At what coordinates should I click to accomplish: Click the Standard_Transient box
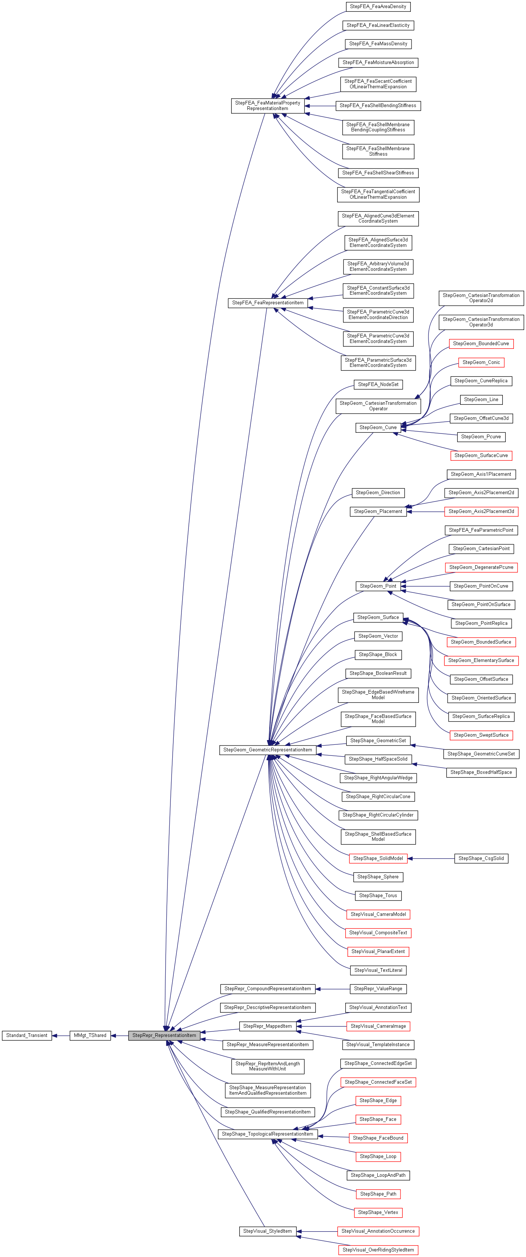pos(27,1035)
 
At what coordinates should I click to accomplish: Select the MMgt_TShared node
pos(90,1035)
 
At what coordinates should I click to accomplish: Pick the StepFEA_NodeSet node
pos(378,385)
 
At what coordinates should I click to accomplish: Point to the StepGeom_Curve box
pos(378,428)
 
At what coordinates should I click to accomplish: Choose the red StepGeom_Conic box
pos(481,362)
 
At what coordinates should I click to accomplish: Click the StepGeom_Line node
pos(481,400)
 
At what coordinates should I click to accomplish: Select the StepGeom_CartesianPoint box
pos(481,549)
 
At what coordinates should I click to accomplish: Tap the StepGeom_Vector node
pos(378,636)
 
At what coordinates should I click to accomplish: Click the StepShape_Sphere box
pos(378,877)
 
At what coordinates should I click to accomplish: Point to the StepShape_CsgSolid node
pos(481,858)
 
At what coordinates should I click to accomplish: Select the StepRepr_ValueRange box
pos(378,989)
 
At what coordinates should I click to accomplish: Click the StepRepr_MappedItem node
pos(267,1026)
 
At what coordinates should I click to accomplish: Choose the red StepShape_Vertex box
pos(378,1212)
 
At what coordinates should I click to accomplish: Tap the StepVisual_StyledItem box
pos(267,1231)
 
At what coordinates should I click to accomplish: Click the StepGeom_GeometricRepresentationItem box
pos(267,750)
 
